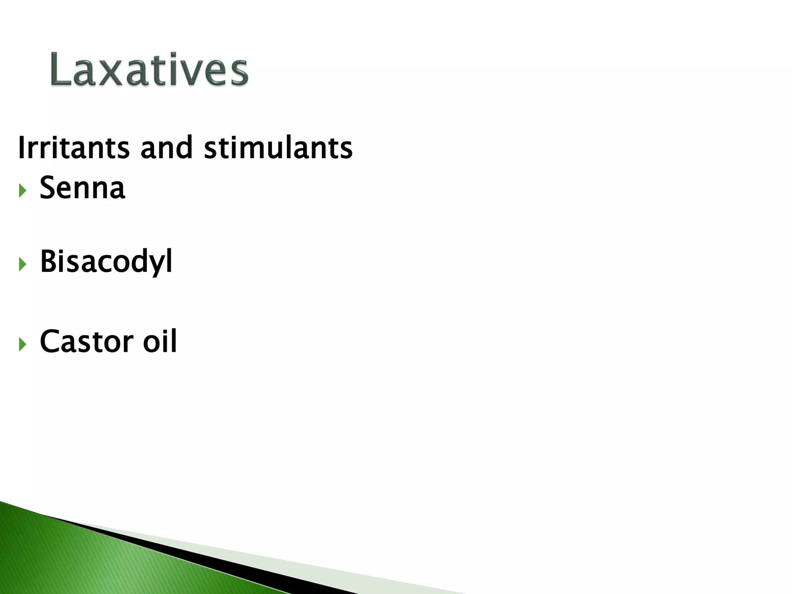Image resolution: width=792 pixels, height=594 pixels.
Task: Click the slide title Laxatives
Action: click(x=149, y=70)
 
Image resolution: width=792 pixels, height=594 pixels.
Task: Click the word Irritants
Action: click(x=73, y=148)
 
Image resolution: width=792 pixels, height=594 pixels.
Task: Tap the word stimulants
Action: click(x=278, y=148)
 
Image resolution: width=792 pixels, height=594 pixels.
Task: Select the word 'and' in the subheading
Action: click(x=166, y=148)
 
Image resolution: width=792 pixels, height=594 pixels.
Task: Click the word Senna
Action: click(x=82, y=188)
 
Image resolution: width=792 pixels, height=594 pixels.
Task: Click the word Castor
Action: click(x=87, y=341)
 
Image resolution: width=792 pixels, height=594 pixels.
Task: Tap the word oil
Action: click(x=160, y=341)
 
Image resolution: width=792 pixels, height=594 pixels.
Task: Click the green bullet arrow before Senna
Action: click(x=22, y=190)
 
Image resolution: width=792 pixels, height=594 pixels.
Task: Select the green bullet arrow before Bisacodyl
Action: click(x=22, y=265)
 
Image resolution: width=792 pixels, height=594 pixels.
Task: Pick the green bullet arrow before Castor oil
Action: click(x=22, y=344)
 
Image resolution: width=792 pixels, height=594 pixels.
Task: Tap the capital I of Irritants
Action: click(x=21, y=148)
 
